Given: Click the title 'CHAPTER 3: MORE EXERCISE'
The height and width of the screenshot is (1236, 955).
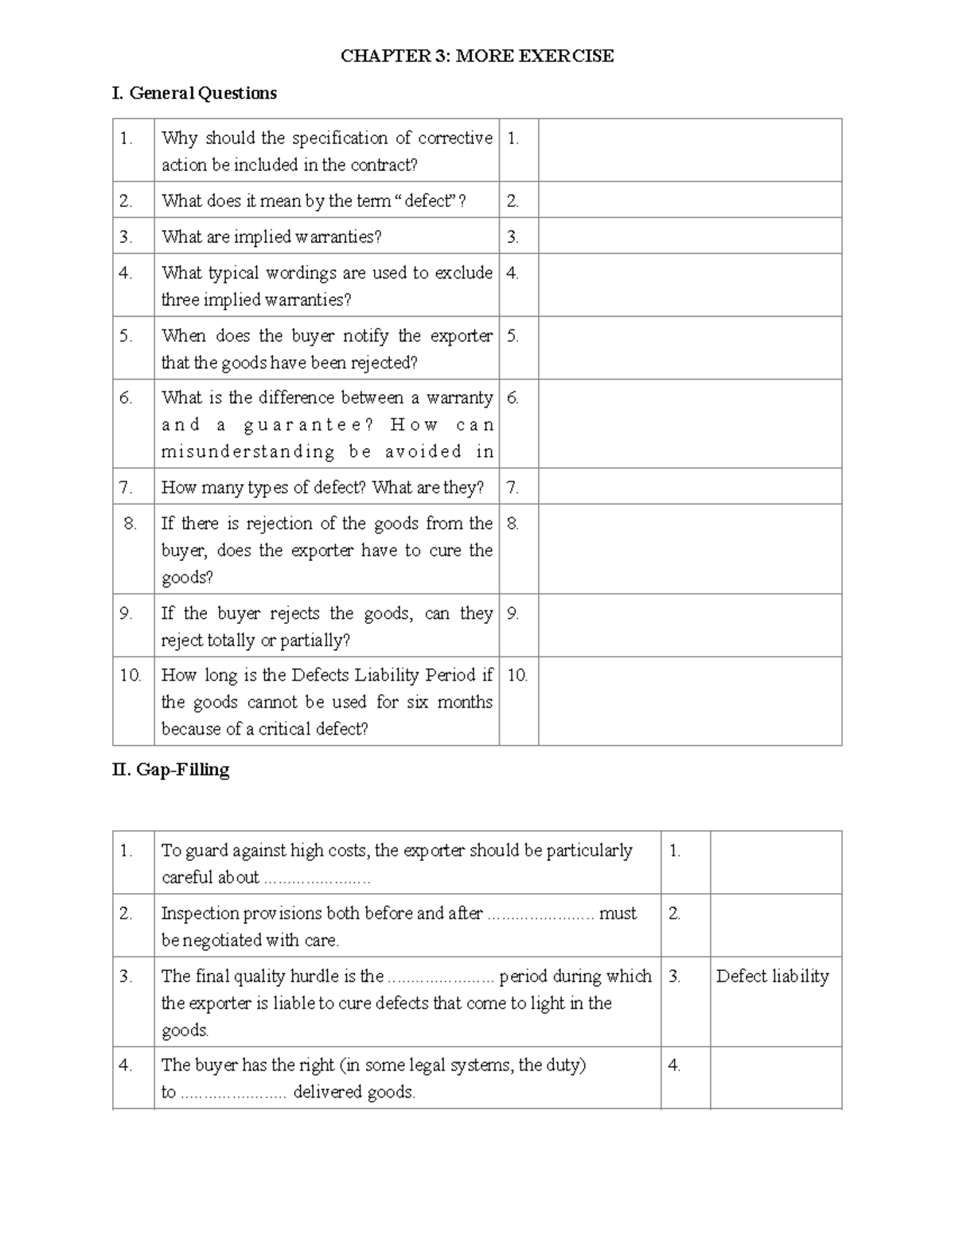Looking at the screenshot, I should [477, 56].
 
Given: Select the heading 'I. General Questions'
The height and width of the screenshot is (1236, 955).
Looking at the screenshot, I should [194, 93].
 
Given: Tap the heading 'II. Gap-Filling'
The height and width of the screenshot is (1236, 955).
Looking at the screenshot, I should [171, 770].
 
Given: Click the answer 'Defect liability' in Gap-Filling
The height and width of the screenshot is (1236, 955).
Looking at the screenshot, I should [772, 976].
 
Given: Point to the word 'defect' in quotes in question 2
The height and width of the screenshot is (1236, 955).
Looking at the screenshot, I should [428, 201].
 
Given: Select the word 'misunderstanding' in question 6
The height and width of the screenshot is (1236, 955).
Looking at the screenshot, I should [248, 451].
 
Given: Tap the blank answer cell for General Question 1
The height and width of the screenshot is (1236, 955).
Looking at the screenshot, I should [689, 150].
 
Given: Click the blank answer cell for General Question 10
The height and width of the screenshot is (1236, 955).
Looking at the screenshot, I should [689, 700].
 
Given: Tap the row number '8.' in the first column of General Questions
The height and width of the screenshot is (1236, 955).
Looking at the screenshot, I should [131, 523].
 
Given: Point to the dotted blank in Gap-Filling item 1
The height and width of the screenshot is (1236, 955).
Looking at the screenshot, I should [317, 879].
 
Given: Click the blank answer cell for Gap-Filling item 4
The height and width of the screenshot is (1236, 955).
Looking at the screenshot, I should [775, 1077].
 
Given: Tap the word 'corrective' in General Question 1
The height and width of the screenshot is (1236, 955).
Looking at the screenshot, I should [455, 138].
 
